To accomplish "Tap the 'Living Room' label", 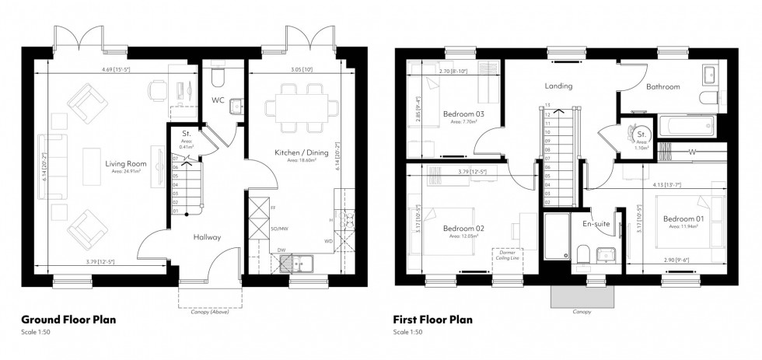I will coord(126,164).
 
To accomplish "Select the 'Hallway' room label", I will coord(208,237).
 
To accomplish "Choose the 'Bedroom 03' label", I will coord(463,114).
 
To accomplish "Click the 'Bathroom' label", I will coord(663,86).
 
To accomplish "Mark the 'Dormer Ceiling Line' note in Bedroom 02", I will coord(508,256).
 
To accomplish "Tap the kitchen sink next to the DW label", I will coord(296,264).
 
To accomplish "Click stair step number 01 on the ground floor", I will coord(176,211).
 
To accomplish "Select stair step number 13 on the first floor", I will coord(547,105).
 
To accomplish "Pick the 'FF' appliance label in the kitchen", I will coord(272,208).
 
